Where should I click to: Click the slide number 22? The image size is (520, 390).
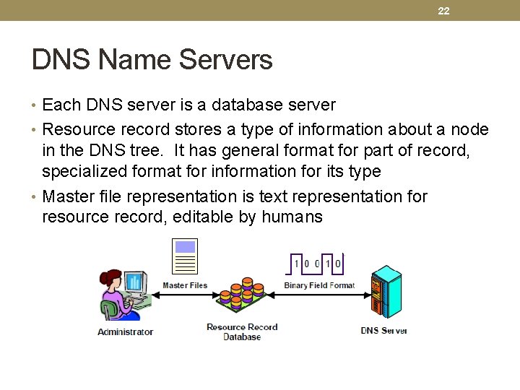[443, 11]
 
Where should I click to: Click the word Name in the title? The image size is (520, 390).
[131, 59]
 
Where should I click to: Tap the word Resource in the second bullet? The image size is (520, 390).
[77, 130]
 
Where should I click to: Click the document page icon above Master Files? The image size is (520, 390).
[186, 256]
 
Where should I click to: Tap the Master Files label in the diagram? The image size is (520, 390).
[185, 285]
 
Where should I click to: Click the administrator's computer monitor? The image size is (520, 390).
[135, 282]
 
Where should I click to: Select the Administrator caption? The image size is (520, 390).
[126, 331]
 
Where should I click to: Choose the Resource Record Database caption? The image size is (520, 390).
[242, 331]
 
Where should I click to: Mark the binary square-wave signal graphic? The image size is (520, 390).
[316, 262]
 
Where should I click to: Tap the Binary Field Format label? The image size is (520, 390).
[319, 285]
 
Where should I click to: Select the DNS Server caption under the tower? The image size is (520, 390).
[384, 331]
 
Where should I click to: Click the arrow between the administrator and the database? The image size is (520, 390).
[184, 295]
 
